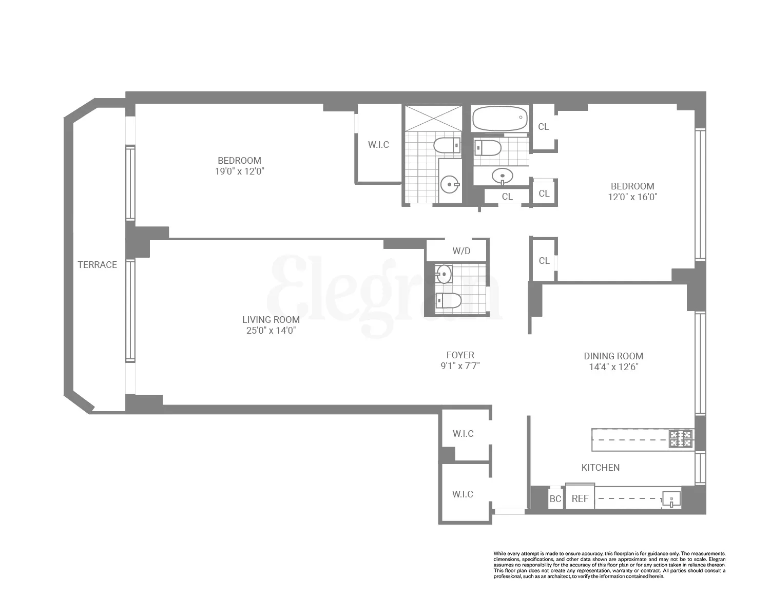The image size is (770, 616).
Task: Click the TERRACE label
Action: point(97,265)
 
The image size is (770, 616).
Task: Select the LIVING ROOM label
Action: point(271,320)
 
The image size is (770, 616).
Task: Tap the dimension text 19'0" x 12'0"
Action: point(239,171)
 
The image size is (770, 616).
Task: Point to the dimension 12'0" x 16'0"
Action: point(632,197)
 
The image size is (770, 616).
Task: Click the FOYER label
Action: point(460,355)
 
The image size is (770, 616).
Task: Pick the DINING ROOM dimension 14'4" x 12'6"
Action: point(613,367)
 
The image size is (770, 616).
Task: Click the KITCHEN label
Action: point(600,468)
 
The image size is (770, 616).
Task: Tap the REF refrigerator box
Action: point(580,498)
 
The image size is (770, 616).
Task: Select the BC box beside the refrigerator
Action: point(555,499)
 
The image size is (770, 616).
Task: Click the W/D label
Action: point(461,252)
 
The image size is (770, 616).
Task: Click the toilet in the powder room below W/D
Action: point(448,300)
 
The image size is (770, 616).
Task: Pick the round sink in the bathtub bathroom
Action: point(502,176)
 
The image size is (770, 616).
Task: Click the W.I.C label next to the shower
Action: point(378,145)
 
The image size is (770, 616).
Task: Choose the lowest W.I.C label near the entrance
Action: point(463,494)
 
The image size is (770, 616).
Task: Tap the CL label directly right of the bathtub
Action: point(544,127)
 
